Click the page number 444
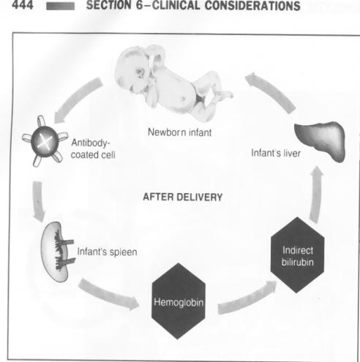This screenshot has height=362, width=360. pos(23,5)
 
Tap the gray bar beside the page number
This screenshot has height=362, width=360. pos(61,6)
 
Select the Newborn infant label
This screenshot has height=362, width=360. pos(180,132)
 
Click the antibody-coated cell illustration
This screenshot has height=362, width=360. pos(45,141)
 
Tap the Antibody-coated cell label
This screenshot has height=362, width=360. pos(93,148)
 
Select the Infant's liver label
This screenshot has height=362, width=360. pos(276,154)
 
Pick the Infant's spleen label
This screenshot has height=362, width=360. pos(107,252)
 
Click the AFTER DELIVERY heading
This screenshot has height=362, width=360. pos(183,197)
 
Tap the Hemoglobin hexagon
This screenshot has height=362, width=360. pos(179,301)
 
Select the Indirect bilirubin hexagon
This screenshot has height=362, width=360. pos(297,255)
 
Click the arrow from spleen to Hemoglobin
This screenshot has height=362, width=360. pos(108,294)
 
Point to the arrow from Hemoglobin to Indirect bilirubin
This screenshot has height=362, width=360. pos(247,298)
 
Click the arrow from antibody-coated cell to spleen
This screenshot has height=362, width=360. pos(38,201)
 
